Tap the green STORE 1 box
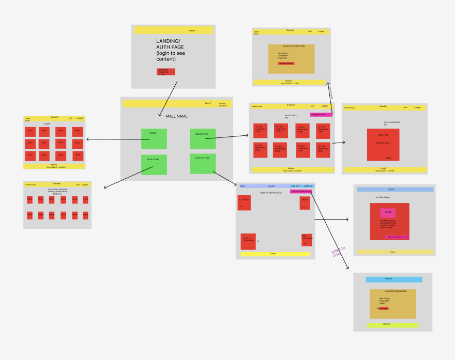[x=154, y=138]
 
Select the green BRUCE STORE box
[x=203, y=138]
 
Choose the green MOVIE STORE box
[x=154, y=165]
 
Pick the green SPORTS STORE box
[x=203, y=163]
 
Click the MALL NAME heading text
[x=176, y=116]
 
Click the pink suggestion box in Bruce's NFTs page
[x=321, y=114]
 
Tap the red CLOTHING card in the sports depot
[x=244, y=202]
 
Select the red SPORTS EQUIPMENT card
[x=248, y=241]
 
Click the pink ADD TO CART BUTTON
[x=398, y=237]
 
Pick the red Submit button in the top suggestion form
[x=286, y=64]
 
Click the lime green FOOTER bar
[x=392, y=325]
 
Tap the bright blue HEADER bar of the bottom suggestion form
[x=393, y=279]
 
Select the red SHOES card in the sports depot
[x=305, y=202]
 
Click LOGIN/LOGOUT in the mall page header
[x=222, y=104]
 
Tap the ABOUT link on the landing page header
[x=192, y=30]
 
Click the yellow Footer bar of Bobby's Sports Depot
[x=275, y=254]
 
